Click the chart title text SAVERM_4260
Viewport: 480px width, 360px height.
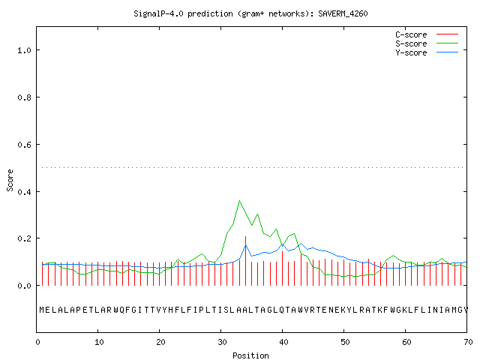(343, 13)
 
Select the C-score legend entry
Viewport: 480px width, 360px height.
(411, 34)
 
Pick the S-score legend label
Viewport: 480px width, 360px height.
(411, 43)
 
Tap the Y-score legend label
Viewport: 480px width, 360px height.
(411, 52)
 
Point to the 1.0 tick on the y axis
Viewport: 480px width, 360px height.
(24, 50)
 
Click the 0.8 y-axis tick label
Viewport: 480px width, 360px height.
(24, 97)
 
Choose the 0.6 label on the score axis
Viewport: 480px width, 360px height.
(24, 145)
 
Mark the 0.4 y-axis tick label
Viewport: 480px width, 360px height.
(24, 192)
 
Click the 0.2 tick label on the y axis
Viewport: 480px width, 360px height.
(24, 238)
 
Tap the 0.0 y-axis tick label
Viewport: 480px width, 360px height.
(24, 286)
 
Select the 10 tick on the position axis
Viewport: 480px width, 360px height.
(99, 342)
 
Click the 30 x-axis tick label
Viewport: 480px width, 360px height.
(222, 342)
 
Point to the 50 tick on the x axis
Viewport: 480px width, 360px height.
(345, 342)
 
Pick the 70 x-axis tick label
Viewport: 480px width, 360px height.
(468, 342)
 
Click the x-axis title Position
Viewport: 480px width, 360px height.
(250, 355)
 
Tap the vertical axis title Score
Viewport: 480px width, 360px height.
(10, 180)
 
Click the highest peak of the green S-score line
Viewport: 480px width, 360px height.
(239, 201)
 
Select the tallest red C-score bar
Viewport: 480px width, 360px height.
(245, 261)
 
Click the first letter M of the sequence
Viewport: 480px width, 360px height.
(42, 310)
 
